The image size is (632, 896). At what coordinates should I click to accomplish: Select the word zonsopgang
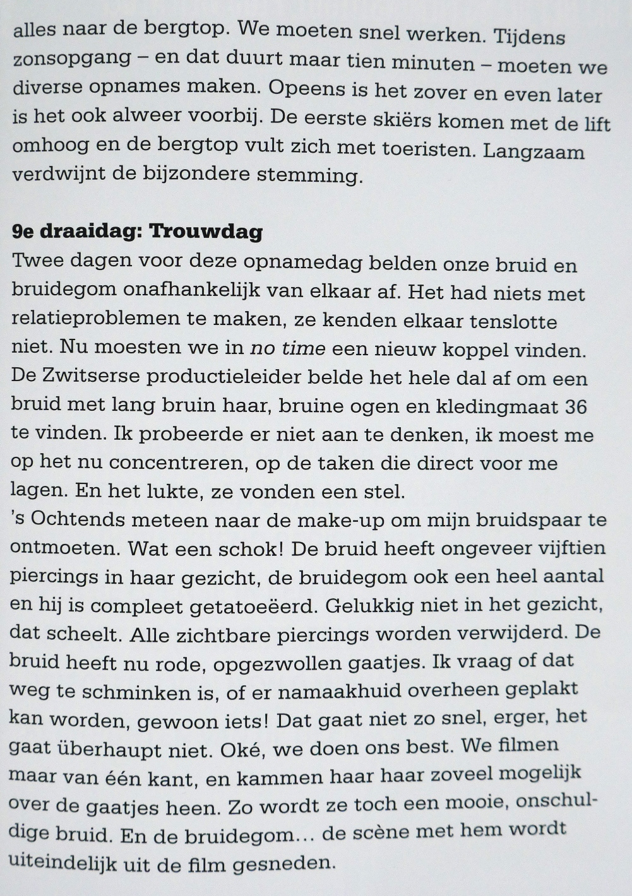point(72,59)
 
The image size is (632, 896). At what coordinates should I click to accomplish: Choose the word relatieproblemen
point(95,318)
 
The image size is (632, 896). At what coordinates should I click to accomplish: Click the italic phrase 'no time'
point(288,348)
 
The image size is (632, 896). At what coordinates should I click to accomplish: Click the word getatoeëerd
point(253,606)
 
